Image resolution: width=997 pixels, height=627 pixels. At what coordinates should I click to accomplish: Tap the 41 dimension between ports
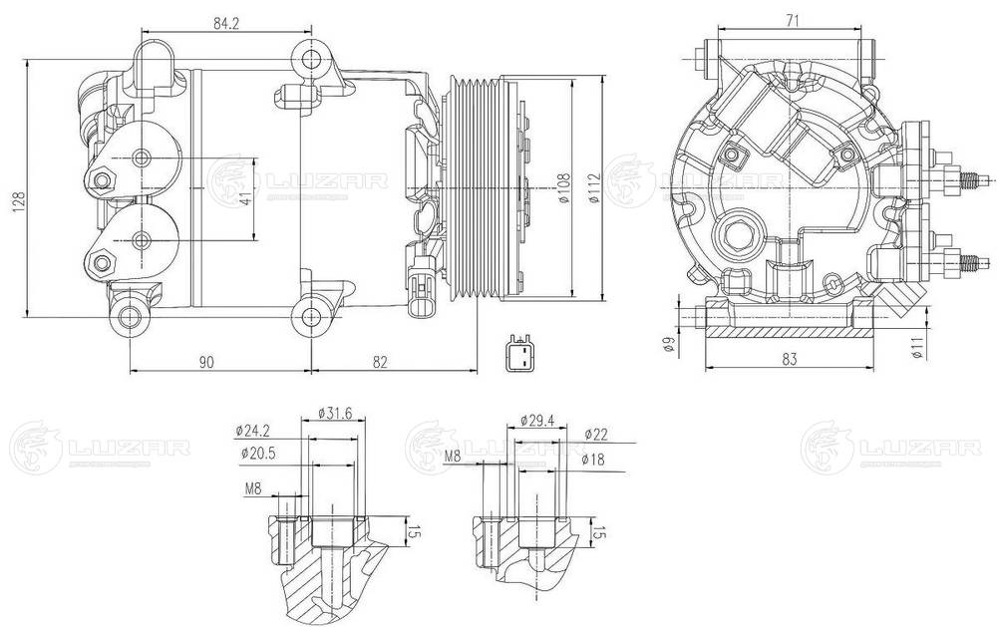247,199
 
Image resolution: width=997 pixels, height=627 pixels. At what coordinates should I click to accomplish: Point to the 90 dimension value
205,362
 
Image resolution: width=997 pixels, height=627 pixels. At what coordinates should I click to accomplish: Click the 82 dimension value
380,362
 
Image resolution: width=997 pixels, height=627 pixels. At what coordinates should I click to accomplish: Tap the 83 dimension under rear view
790,360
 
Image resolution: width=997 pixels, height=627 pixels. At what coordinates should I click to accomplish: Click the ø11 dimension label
914,345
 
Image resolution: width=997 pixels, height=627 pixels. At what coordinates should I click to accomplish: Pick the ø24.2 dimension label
253,431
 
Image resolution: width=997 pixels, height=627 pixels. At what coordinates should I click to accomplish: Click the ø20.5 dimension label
257,454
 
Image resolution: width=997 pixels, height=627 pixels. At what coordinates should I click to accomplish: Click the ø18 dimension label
594,462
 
